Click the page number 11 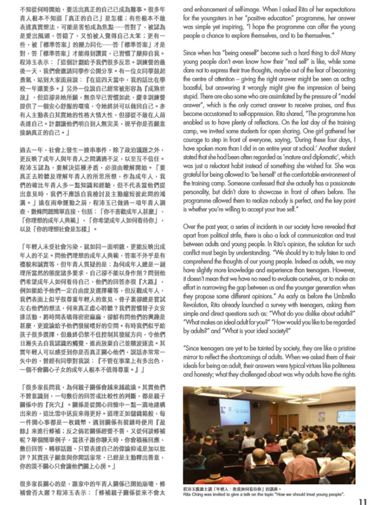362,500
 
